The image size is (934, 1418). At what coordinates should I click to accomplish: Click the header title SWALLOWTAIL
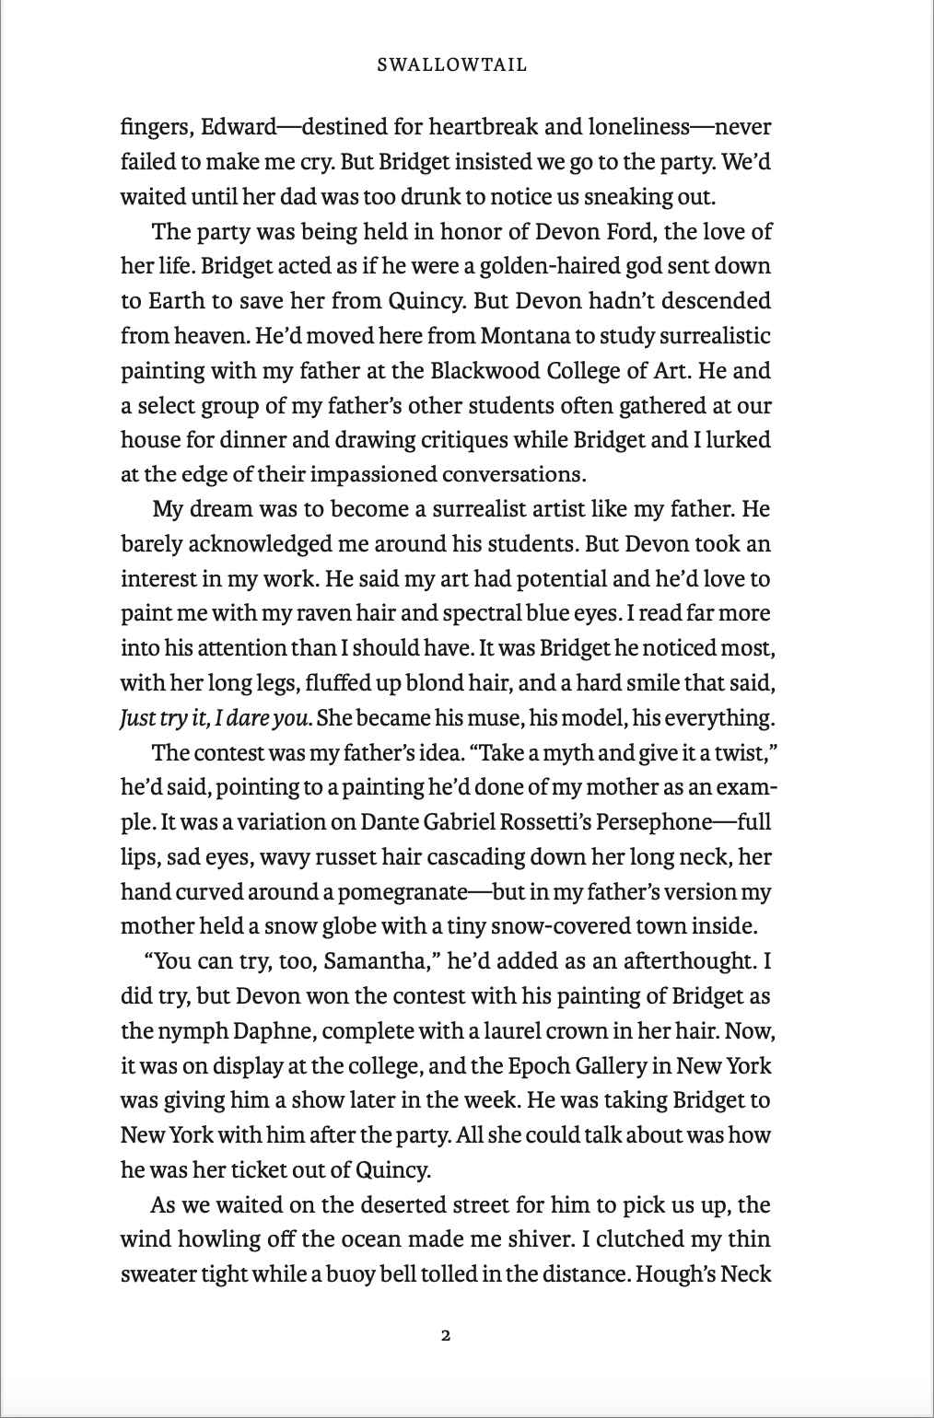pyautogui.click(x=451, y=65)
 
